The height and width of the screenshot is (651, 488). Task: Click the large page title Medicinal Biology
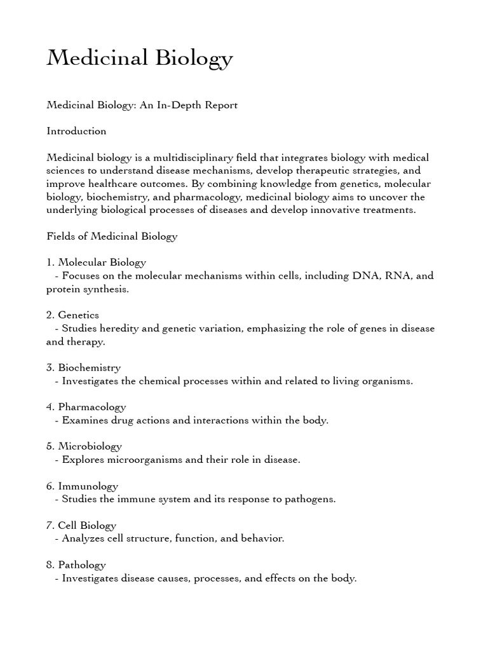click(x=140, y=58)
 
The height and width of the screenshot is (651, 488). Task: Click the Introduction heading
click(x=76, y=131)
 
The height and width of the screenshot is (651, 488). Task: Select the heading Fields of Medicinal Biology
click(x=112, y=236)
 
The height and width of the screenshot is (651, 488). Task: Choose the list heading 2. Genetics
click(x=72, y=315)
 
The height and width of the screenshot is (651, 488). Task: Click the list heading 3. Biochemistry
click(x=83, y=367)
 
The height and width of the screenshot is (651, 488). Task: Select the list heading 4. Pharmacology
click(x=86, y=407)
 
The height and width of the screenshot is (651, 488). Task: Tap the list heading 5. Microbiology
click(x=84, y=446)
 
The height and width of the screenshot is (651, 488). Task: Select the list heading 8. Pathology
click(x=76, y=565)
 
